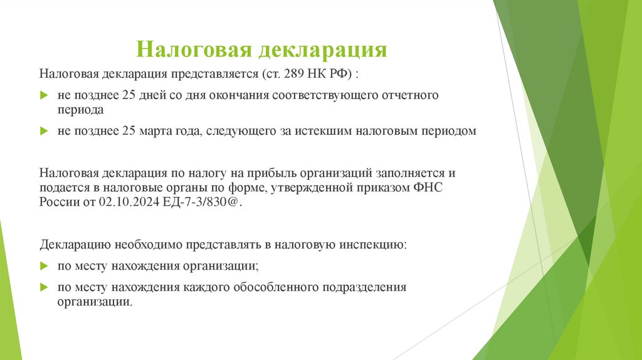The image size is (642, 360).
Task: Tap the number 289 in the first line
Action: tap(293, 74)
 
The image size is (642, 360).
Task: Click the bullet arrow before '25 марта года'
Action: tap(44, 131)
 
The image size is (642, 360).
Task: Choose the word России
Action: tap(58, 202)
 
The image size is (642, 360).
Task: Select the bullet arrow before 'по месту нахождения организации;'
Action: tap(44, 266)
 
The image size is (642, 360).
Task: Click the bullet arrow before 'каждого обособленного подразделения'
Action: tap(44, 287)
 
